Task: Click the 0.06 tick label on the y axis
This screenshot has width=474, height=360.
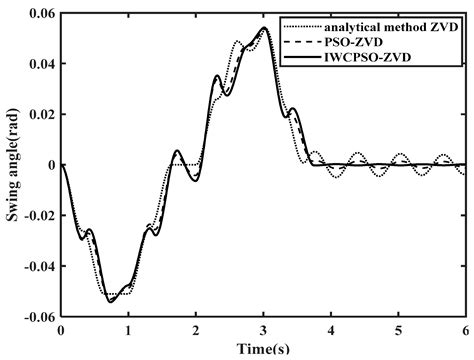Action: click(40, 13)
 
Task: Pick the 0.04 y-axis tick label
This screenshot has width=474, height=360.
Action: click(40, 64)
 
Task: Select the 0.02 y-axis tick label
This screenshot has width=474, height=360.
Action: click(40, 114)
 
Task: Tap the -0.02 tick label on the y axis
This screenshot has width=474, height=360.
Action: click(37, 216)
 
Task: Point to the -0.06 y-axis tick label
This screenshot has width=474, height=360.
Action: click(37, 317)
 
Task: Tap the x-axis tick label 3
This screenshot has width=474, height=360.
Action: click(263, 329)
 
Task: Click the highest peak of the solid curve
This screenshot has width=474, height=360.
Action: click(263, 29)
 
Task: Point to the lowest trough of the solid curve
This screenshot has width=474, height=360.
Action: click(111, 302)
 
